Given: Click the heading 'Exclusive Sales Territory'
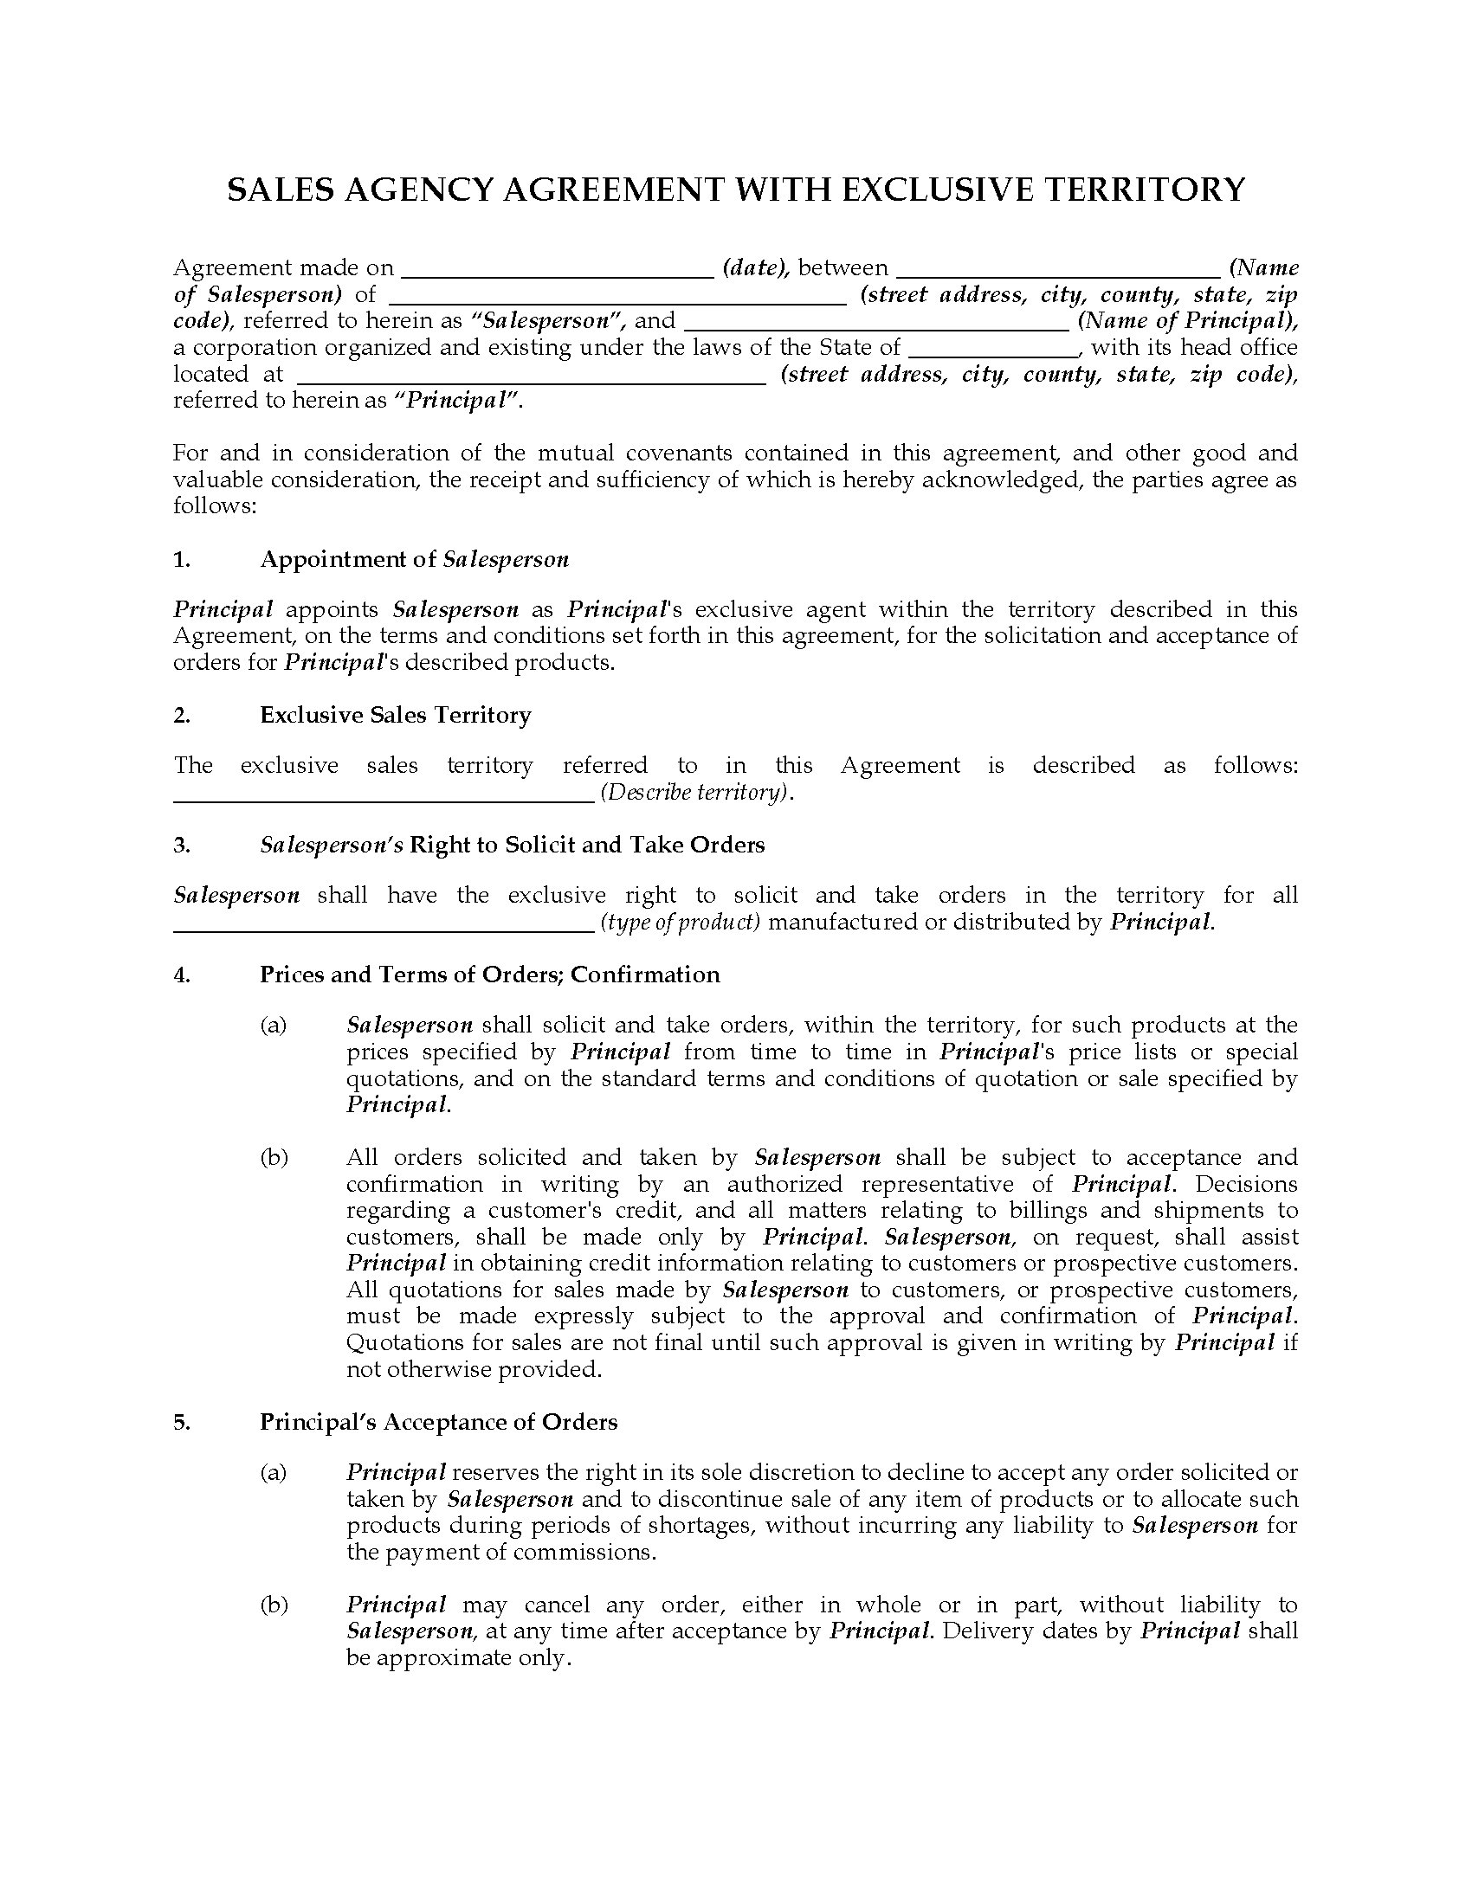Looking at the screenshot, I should (x=395, y=716).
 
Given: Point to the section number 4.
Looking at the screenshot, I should (x=181, y=975).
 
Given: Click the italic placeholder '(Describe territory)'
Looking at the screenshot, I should (x=697, y=793).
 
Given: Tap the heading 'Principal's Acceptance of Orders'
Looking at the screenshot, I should (x=438, y=1422).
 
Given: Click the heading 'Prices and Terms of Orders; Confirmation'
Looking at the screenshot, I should (x=489, y=975).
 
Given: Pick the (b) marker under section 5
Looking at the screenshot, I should (x=273, y=1605).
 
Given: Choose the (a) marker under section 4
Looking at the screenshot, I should (x=273, y=1026).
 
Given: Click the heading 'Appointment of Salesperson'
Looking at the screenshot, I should (x=414, y=560).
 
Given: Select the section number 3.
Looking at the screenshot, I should (x=181, y=845).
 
